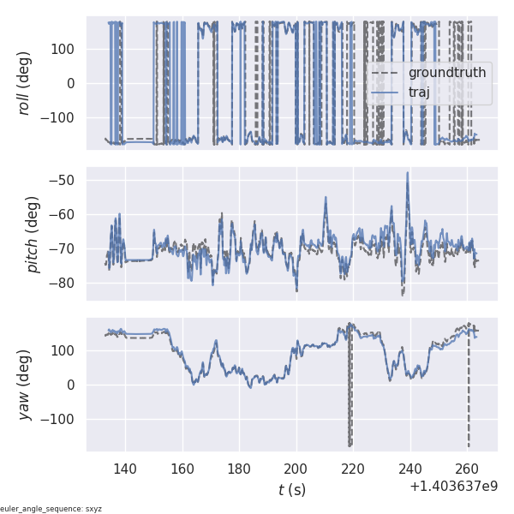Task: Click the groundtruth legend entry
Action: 446,73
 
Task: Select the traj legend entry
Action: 419,92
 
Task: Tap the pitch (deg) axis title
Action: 33,231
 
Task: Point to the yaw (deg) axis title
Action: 26,385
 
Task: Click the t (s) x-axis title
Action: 291,490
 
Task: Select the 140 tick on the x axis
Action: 125,469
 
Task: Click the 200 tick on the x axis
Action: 296,469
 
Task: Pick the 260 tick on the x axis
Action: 467,469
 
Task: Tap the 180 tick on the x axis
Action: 239,469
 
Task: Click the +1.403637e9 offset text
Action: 453,487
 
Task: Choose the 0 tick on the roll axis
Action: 71,83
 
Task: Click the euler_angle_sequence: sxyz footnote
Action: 51,509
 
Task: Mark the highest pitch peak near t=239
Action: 408,174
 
